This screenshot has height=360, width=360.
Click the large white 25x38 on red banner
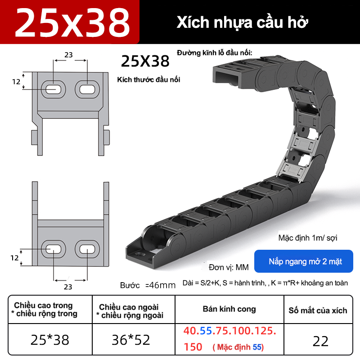click(x=72, y=22)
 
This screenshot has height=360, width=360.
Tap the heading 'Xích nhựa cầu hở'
click(x=243, y=22)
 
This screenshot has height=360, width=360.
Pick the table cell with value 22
click(x=320, y=341)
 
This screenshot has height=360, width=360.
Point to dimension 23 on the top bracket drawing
click(x=68, y=55)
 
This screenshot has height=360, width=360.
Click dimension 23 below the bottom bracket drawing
click(x=68, y=286)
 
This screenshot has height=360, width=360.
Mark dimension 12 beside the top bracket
click(x=16, y=81)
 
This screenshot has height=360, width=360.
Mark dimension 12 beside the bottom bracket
click(x=14, y=258)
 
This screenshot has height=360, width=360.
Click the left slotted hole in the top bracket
click(x=53, y=89)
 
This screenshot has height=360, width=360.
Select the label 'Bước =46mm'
click(x=147, y=285)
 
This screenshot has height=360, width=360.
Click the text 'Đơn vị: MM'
click(x=229, y=267)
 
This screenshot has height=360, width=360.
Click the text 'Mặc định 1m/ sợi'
click(x=307, y=238)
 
